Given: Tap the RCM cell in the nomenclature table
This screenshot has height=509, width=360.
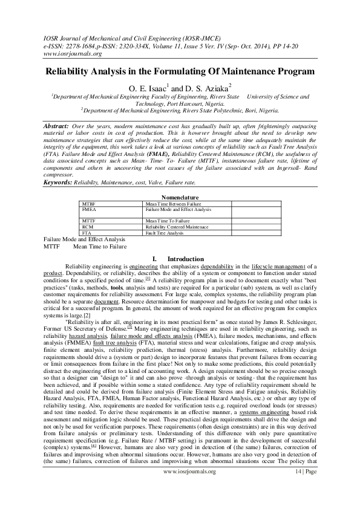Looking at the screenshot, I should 88,227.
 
